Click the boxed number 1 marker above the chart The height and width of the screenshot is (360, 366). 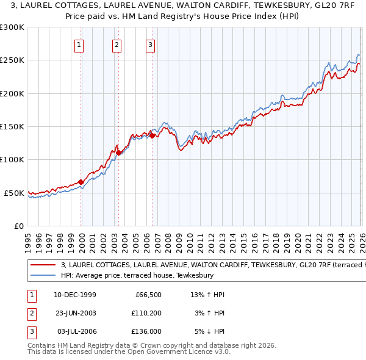pos(80,44)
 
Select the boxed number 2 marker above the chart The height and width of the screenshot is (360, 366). pos(117,44)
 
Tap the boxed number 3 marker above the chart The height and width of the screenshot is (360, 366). pos(150,44)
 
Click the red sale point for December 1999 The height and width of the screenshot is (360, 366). pos(81,182)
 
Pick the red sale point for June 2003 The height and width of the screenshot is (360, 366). pos(119,153)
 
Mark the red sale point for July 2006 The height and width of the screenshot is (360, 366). pos(152,135)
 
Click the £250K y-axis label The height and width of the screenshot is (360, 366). pos(12,60)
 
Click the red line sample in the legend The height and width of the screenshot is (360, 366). pos(43,265)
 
